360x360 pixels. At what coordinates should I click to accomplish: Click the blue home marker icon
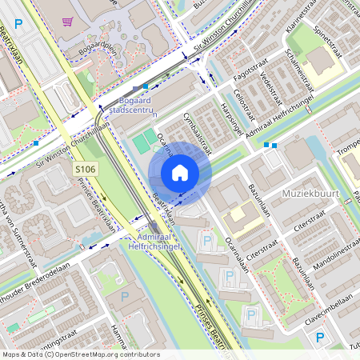point(180,172)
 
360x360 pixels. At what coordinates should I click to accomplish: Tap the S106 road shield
point(86,169)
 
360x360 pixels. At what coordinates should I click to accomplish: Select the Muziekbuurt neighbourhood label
point(311,194)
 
